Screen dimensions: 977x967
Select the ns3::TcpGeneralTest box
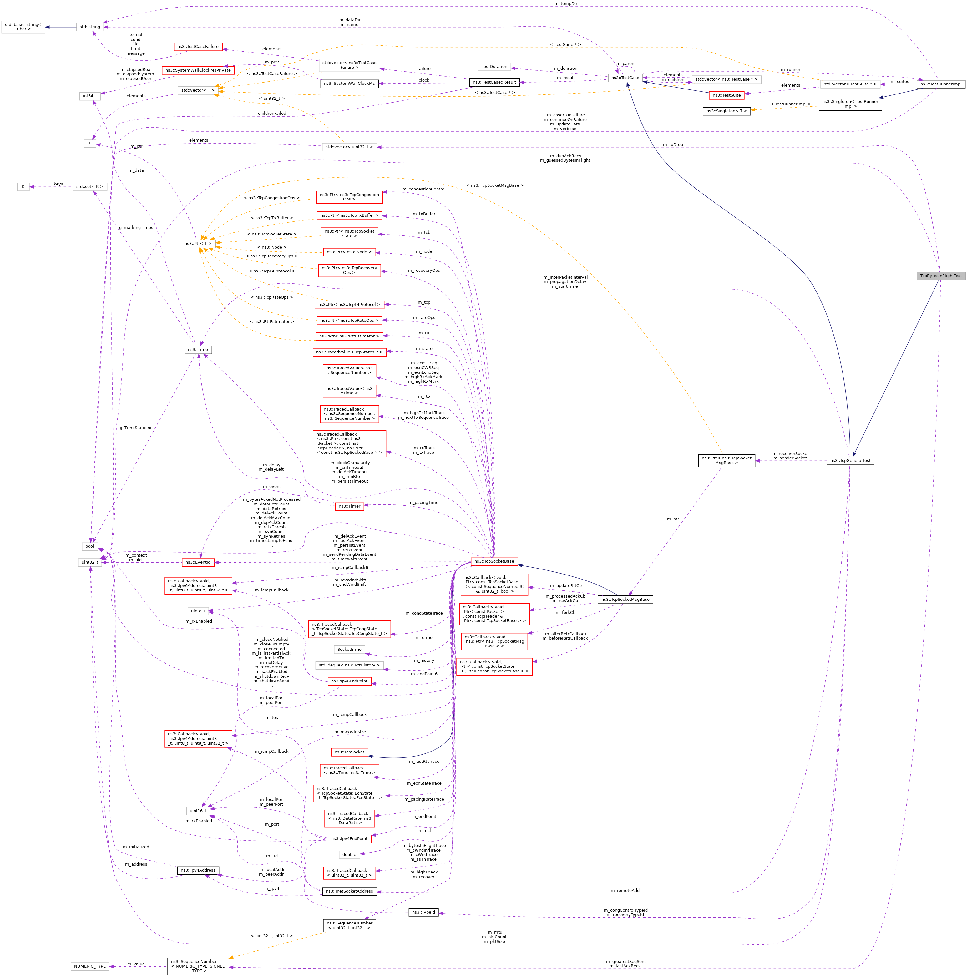pyautogui.click(x=850, y=461)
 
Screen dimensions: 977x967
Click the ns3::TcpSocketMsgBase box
pyautogui.click(x=625, y=599)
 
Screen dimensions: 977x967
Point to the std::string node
pyautogui.click(x=90, y=27)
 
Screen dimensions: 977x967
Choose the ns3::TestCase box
pyautogui.click(x=625, y=78)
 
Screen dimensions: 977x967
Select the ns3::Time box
pyautogui.click(x=198, y=349)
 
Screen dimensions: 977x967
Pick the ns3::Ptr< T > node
pyautogui.click(x=198, y=244)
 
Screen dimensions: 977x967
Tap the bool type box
pyautogui.click(x=89, y=546)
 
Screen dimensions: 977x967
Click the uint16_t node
pyautogui.click(x=198, y=811)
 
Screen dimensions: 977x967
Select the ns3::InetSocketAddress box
pyautogui.click(x=349, y=891)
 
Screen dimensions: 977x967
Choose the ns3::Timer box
pyautogui.click(x=349, y=506)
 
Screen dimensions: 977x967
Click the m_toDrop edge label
pyautogui.click(x=673, y=144)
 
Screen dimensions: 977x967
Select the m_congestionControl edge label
pyautogui.click(x=424, y=189)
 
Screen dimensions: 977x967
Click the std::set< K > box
pyautogui.click(x=90, y=187)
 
